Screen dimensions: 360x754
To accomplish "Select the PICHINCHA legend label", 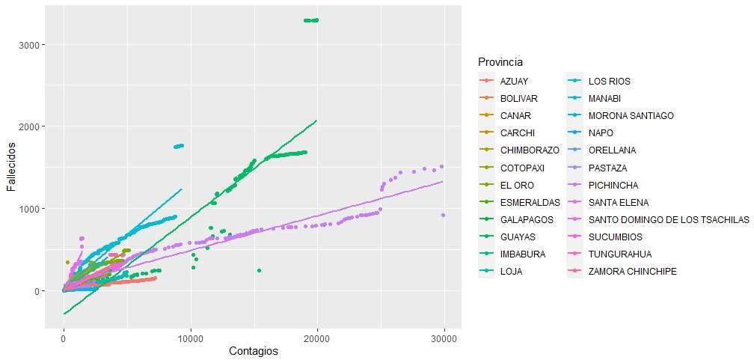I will (x=607, y=185).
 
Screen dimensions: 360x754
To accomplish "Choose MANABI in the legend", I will (x=604, y=98).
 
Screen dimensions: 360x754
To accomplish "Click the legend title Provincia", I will (x=500, y=61).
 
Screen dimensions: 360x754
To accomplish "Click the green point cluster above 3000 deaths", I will (x=311, y=20).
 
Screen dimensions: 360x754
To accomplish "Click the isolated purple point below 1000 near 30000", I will (x=444, y=215).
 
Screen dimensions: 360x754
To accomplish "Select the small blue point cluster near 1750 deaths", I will (x=179, y=146).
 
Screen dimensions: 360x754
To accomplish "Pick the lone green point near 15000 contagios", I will (x=259, y=270).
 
